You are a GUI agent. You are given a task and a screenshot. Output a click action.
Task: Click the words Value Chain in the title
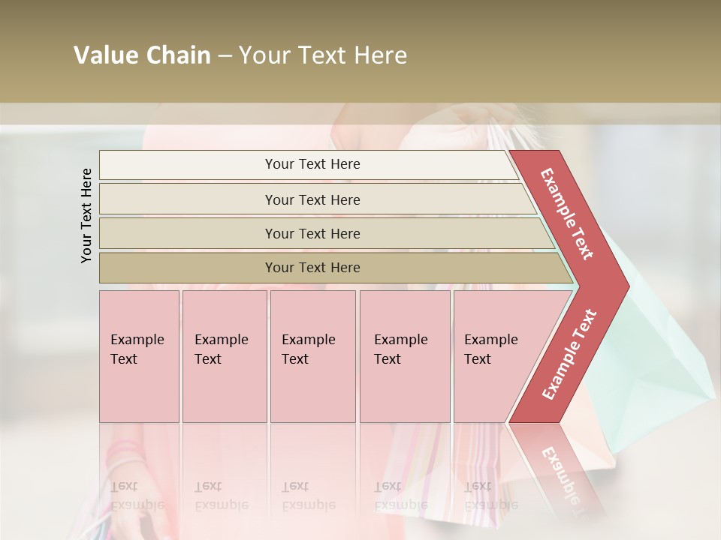142,55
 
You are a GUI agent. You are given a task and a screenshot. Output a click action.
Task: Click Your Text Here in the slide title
323,55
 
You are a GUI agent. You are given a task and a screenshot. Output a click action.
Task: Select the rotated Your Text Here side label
86,215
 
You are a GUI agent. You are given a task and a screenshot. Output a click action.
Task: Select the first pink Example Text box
139,356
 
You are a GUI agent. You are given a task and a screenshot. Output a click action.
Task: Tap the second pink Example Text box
224,356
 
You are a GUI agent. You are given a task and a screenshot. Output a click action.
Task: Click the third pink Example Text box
312,356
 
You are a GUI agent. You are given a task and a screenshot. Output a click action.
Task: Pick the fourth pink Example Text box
405,356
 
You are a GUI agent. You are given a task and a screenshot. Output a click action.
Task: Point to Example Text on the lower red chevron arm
569,354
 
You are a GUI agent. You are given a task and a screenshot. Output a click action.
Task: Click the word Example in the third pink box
308,340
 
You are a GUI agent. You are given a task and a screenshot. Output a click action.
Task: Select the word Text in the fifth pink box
478,359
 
